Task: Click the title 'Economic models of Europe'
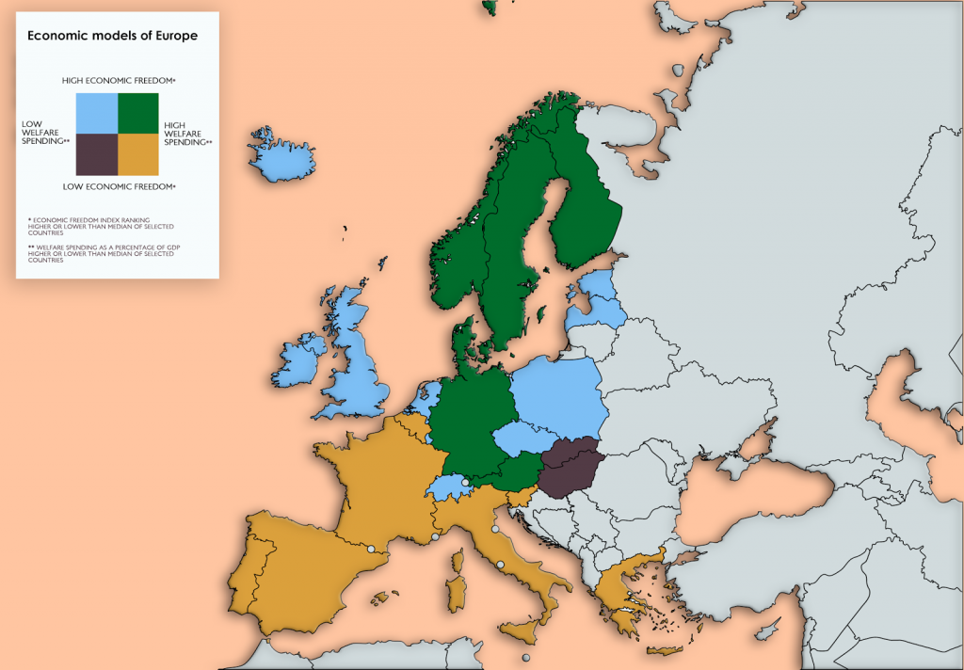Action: (x=112, y=37)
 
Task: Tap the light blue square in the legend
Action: (x=96, y=114)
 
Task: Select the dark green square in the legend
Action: (x=137, y=114)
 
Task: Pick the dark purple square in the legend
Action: (x=96, y=154)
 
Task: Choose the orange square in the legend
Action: (x=137, y=154)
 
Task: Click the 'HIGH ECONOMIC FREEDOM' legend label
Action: (x=119, y=81)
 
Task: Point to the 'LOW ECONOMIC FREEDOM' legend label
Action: (x=119, y=187)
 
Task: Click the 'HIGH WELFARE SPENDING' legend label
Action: (x=187, y=134)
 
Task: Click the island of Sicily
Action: (x=528, y=632)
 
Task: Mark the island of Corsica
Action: (x=458, y=561)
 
